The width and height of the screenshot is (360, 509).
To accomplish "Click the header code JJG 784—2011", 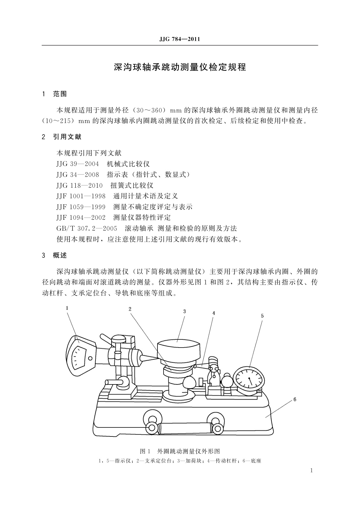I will click(180, 40).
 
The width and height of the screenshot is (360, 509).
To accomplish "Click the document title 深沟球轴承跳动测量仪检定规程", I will click(180, 67).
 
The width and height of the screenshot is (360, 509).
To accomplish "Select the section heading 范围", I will click(60, 94).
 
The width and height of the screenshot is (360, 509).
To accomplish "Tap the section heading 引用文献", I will click(67, 137).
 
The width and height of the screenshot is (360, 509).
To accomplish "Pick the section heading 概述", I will click(60, 255).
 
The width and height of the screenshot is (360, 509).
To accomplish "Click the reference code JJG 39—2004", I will click(78, 164).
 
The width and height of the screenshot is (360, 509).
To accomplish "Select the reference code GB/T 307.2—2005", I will click(87, 228).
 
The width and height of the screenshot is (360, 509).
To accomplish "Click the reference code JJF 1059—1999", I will click(81, 207).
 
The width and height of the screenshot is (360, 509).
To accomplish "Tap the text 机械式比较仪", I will click(128, 164).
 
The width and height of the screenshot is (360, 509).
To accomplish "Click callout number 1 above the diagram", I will click(67, 308).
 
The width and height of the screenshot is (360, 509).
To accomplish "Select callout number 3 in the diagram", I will click(184, 311).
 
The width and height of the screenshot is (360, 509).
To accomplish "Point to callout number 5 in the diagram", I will click(262, 316).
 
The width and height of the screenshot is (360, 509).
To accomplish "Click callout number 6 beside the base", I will click(295, 400).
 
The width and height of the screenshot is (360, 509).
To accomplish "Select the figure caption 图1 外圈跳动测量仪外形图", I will click(180, 451).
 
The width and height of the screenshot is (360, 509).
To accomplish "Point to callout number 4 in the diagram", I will click(214, 313).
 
